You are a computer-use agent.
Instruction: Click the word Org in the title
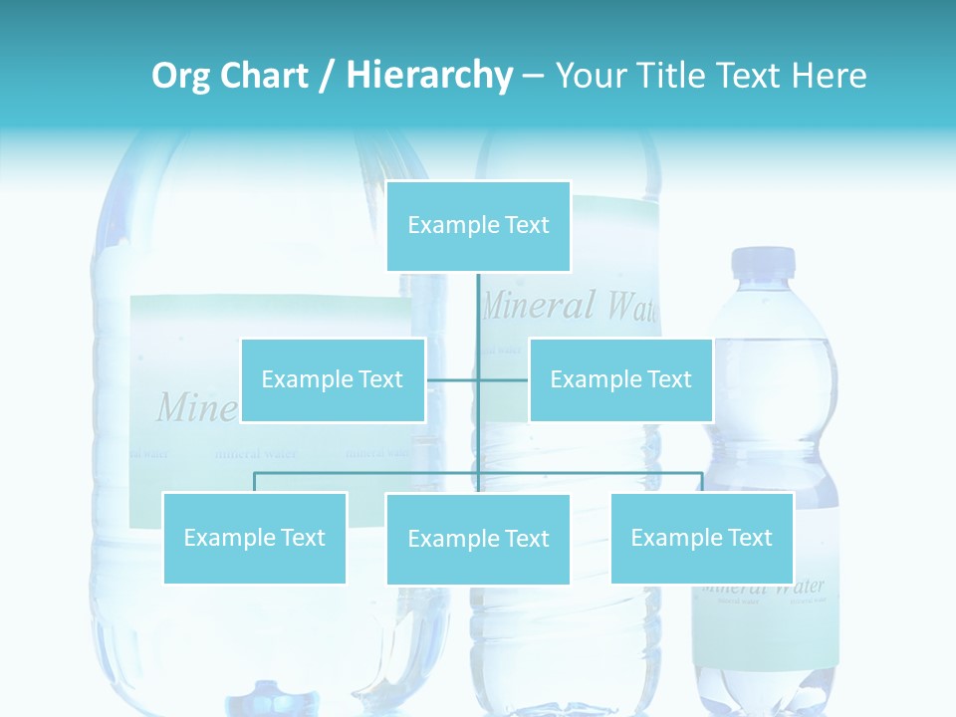tap(179, 76)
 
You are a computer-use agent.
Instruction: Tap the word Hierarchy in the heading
tap(428, 76)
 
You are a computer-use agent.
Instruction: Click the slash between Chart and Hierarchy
tap(327, 76)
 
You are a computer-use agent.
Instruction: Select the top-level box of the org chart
tap(478, 226)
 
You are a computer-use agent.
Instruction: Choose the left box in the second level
tap(333, 379)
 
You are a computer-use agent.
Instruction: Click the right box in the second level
tap(620, 379)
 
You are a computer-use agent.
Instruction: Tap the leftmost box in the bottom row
tap(254, 538)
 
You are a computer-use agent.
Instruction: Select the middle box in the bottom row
tap(478, 539)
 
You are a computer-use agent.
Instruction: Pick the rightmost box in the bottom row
tap(701, 538)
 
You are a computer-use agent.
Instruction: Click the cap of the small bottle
tap(764, 262)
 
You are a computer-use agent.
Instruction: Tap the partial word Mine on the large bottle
tap(196, 407)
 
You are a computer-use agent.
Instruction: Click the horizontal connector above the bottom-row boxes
tap(368, 473)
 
